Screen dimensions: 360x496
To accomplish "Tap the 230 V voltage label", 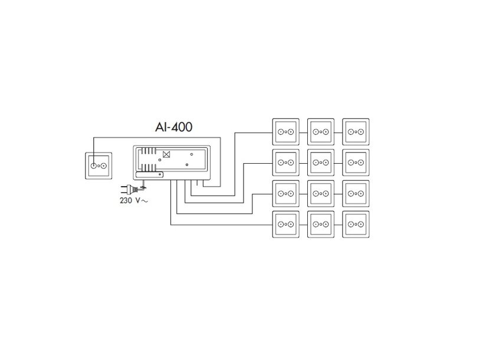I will (x=133, y=200).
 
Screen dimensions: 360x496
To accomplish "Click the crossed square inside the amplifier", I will (x=166, y=155).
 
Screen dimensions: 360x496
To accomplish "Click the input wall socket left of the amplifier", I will (x=98, y=166).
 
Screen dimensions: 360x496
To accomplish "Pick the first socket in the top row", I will (x=285, y=131).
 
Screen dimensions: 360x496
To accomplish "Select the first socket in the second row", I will (x=285, y=162).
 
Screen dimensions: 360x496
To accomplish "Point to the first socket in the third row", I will (x=285, y=193).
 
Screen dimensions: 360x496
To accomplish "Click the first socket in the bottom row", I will (x=285, y=224).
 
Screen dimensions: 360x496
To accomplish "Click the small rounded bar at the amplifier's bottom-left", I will (x=149, y=174).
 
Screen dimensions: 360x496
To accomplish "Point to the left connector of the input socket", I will (x=93, y=166).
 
